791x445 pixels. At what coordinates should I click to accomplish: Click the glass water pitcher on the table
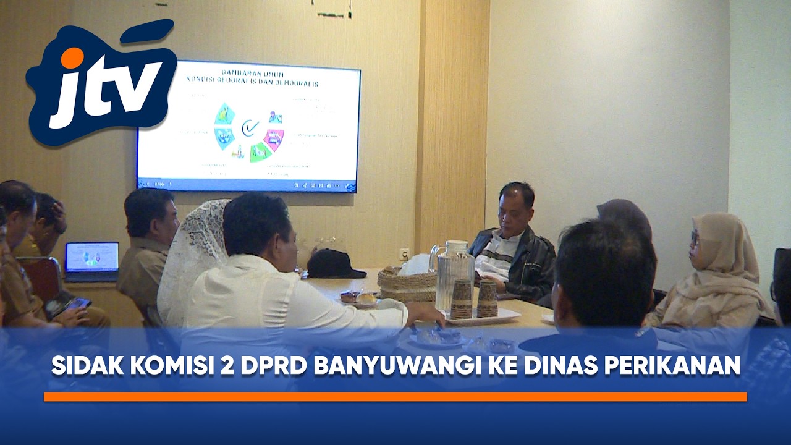[451, 275]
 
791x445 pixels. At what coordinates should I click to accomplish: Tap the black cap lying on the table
[334, 264]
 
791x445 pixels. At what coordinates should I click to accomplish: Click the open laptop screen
[91, 256]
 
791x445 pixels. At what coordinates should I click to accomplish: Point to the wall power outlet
[405, 253]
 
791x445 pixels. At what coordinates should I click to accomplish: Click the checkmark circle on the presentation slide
[250, 128]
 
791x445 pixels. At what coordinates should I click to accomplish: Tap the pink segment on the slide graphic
[274, 138]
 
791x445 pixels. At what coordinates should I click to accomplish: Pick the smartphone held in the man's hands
[77, 303]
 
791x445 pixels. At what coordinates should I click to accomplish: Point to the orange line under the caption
[395, 397]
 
